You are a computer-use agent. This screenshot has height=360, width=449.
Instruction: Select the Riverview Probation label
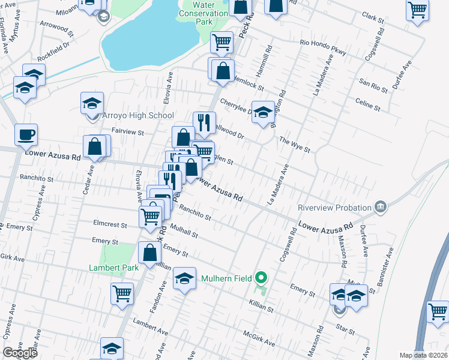pos(335,208)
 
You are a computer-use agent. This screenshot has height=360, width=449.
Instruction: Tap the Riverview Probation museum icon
pos(379,208)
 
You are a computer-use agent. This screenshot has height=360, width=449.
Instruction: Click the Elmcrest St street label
pos(110,226)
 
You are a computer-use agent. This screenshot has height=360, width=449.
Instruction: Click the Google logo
pos(20,353)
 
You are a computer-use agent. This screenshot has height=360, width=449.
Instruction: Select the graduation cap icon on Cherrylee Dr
pos(262,113)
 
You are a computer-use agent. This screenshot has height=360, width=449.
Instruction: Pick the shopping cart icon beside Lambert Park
pos(122,294)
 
